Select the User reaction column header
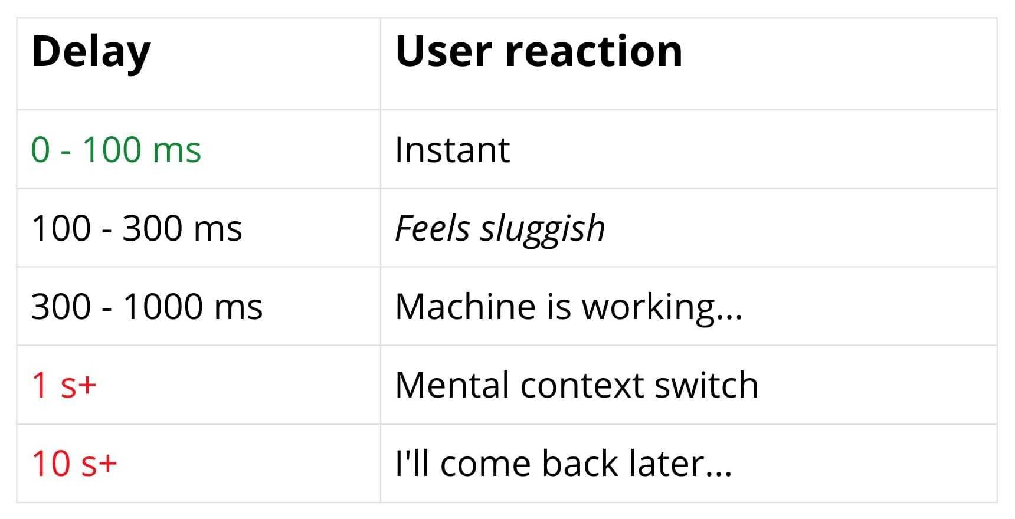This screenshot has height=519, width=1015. click(x=538, y=52)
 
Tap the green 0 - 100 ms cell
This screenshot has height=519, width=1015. click(x=116, y=150)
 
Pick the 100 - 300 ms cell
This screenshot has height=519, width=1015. click(x=136, y=228)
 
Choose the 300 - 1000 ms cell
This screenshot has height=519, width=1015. click(x=146, y=307)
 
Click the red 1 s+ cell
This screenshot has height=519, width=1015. click(x=64, y=385)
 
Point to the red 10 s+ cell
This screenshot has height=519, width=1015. click(x=74, y=464)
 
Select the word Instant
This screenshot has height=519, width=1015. click(x=452, y=150)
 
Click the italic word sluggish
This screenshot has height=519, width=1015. click(x=542, y=229)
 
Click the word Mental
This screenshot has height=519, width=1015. click(x=451, y=385)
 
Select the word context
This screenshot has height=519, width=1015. click(x=581, y=386)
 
